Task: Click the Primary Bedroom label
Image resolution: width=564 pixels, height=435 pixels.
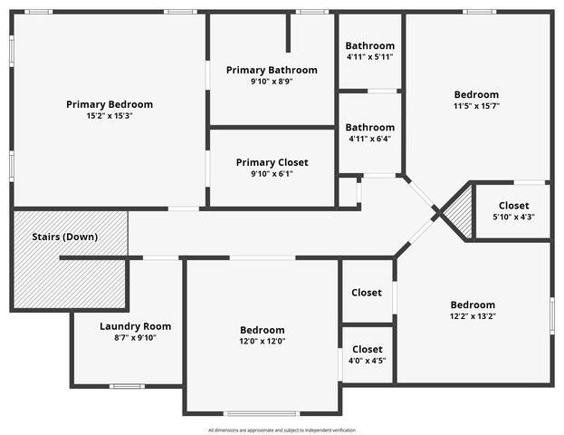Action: point(110,104)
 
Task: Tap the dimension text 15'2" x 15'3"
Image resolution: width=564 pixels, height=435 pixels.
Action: point(110,116)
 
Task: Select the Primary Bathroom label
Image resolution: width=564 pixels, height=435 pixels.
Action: point(272,70)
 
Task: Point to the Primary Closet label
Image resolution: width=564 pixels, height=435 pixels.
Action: point(272,162)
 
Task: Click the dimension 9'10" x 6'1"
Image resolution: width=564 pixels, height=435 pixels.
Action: point(272,174)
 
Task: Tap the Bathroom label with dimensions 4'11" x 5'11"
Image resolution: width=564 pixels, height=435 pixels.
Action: point(369,45)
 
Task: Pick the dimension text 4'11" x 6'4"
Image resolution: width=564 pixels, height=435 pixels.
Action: point(369,139)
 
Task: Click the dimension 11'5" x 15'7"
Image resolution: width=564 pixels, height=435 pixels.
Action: point(476,106)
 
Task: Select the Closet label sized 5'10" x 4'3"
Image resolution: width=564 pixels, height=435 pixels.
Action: point(513,206)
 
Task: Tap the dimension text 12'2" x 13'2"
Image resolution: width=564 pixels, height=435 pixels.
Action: point(473,316)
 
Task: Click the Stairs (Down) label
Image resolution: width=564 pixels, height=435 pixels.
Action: point(65,237)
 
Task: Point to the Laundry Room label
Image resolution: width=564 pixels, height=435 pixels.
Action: point(135,326)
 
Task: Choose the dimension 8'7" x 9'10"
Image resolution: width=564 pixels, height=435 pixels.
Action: point(135,338)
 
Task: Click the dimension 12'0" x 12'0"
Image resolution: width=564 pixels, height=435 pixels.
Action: point(263,342)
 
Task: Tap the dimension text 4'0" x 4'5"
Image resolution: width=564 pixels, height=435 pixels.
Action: point(367,361)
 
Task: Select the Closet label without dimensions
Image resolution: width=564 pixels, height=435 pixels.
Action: point(367,293)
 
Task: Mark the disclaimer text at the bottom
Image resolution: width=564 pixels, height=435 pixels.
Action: point(282,430)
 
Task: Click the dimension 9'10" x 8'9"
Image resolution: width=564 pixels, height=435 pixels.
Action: point(272,82)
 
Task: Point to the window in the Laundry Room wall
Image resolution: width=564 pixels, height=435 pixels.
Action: point(127,386)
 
